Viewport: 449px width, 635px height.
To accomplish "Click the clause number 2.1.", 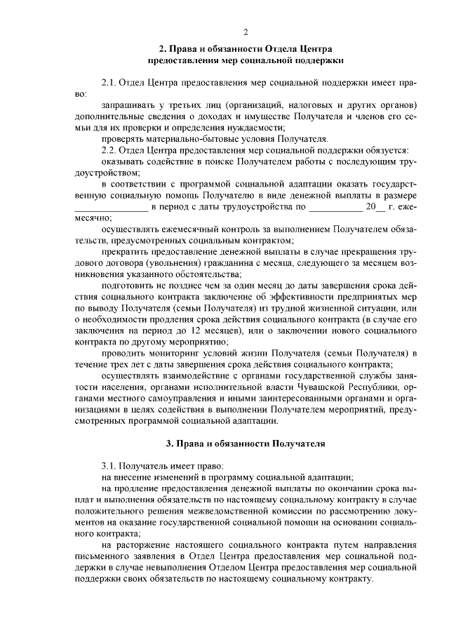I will (110, 83).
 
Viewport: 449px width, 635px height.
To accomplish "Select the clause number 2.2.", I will (110, 150).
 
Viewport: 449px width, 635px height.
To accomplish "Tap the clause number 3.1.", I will (110, 465).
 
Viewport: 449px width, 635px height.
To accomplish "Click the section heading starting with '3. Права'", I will (246, 443).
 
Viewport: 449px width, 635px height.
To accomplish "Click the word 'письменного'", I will (105, 554).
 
